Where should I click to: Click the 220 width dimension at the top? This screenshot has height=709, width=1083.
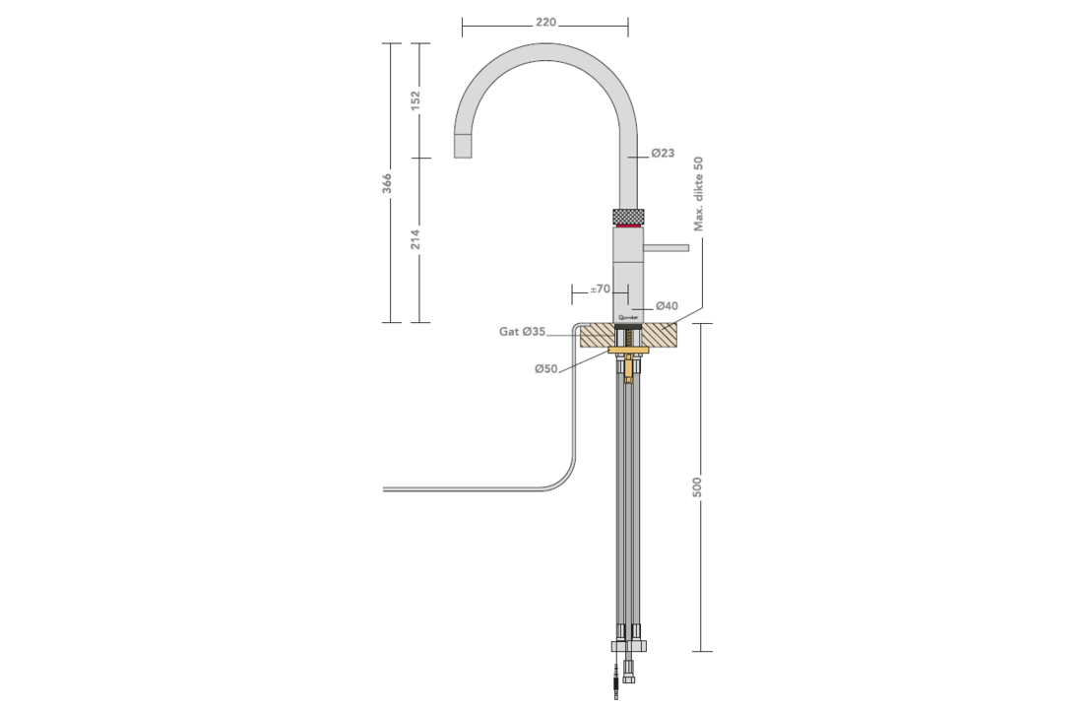pyautogui.click(x=545, y=23)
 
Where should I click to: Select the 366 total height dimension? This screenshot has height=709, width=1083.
pyautogui.click(x=387, y=183)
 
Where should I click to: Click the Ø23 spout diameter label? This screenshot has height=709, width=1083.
pyautogui.click(x=663, y=153)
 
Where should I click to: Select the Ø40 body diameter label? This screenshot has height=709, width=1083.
pyautogui.click(x=667, y=305)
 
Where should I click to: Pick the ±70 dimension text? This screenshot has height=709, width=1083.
pyautogui.click(x=601, y=289)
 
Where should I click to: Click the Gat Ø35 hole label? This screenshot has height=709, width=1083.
pyautogui.click(x=522, y=332)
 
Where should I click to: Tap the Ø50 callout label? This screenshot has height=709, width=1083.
pyautogui.click(x=546, y=368)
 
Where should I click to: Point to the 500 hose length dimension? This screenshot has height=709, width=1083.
pyautogui.click(x=697, y=486)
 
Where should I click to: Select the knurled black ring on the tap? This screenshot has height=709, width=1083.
pyautogui.click(x=628, y=216)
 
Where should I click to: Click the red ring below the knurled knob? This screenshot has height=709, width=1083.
pyautogui.click(x=628, y=226)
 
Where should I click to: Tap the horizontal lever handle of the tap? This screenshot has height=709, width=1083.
pyautogui.click(x=666, y=247)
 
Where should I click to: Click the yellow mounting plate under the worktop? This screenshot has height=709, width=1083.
pyautogui.click(x=628, y=352)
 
